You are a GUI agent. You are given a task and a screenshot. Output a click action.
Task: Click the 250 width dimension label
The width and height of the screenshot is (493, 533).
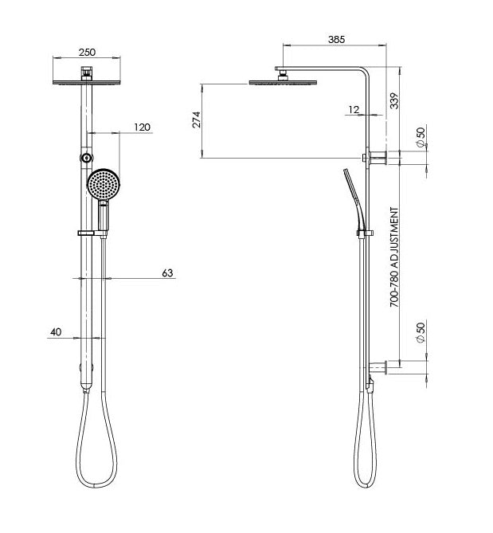click(x=87, y=53)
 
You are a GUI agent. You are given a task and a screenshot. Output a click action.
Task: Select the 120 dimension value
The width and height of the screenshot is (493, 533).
click(x=142, y=127)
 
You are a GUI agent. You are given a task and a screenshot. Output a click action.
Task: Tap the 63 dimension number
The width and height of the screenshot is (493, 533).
click(x=167, y=273)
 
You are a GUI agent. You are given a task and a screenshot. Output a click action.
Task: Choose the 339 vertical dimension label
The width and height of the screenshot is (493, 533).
click(x=394, y=100)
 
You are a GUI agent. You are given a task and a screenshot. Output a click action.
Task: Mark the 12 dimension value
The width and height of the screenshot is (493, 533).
click(x=353, y=110)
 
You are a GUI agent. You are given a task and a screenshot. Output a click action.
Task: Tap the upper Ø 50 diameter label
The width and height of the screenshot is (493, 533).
click(x=420, y=138)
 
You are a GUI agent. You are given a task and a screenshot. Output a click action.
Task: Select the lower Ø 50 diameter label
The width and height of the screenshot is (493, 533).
click(x=420, y=332)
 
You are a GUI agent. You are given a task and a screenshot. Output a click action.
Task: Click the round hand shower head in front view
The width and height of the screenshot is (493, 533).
click(x=104, y=186)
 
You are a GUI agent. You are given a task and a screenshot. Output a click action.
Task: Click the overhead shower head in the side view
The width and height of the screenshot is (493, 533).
click(x=282, y=80)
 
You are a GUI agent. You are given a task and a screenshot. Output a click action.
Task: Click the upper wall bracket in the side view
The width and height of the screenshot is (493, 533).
click(x=378, y=159)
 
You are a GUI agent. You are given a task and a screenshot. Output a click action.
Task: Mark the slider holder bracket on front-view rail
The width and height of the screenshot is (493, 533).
click(x=92, y=233)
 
